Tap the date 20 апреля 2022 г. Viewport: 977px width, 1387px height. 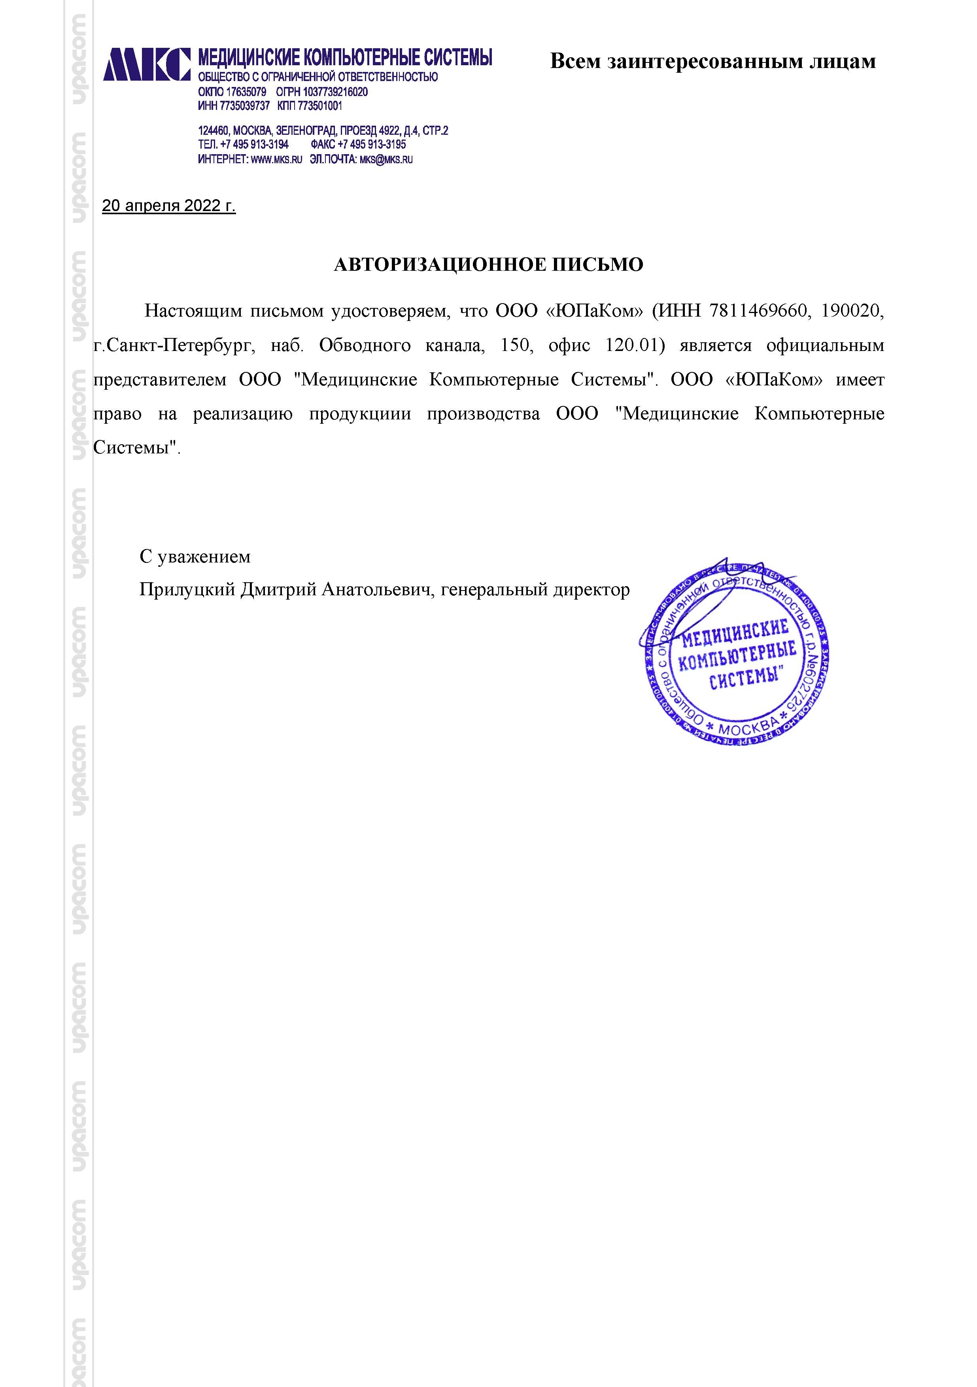[168, 206]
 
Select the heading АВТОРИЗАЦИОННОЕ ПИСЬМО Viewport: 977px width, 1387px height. [488, 264]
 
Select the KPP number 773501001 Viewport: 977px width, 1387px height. [319, 106]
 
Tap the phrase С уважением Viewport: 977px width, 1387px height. [195, 557]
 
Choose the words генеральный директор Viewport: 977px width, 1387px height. [535, 590]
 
